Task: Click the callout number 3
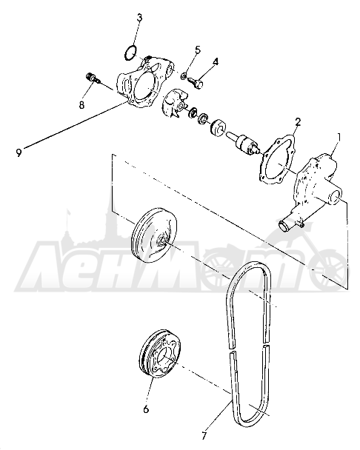139,18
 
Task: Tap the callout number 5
198,50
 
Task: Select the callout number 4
216,61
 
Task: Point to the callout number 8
82,105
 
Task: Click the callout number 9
19,152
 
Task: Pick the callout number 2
298,122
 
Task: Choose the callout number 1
339,137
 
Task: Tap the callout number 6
146,409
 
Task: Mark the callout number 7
204,436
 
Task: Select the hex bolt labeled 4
196,81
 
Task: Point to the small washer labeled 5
183,76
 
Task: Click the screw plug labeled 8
93,78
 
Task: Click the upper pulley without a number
154,235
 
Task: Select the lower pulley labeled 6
158,355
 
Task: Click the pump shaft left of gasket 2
244,142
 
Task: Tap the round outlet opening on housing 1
336,199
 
